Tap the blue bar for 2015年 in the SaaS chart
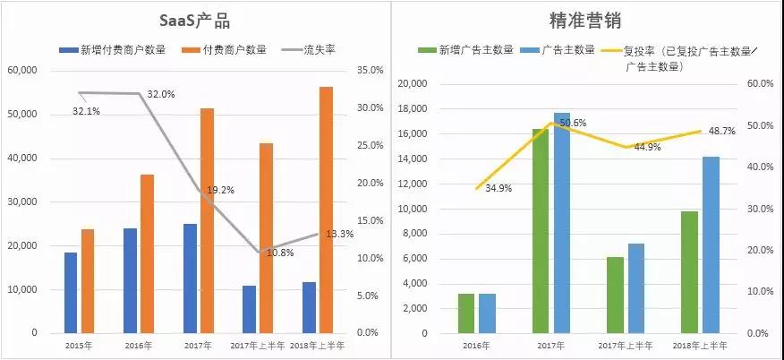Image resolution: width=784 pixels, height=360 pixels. pyautogui.click(x=70, y=292)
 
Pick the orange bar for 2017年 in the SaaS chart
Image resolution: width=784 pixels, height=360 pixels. pyautogui.click(x=207, y=220)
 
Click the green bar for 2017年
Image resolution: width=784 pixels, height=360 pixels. pyautogui.click(x=541, y=230)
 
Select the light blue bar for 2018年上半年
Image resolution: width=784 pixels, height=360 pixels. pyautogui.click(x=711, y=244)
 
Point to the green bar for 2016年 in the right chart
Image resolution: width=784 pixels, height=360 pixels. pyautogui.click(x=466, y=313)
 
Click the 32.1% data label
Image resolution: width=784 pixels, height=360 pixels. pyautogui.click(x=87, y=112)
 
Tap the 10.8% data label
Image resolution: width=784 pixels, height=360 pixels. pyautogui.click(x=281, y=253)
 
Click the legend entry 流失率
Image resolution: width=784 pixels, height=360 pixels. pyautogui.click(x=319, y=50)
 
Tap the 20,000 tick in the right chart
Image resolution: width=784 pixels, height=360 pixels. pyautogui.click(x=413, y=83)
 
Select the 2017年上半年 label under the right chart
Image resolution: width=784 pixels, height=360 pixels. pyautogui.click(x=626, y=344)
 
